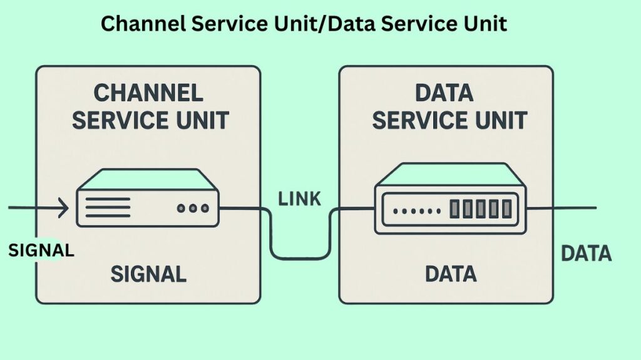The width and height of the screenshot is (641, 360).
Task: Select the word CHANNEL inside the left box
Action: point(148,93)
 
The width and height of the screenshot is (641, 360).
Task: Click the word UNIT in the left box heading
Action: point(202,120)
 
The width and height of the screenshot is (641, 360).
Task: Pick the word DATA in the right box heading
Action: point(444,93)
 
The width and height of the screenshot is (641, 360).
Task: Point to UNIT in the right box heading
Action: point(499,120)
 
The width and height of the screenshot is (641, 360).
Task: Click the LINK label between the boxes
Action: point(299,199)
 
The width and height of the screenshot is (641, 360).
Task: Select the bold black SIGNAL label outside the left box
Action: point(41,250)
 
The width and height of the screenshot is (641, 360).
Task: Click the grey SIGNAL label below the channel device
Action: point(148,274)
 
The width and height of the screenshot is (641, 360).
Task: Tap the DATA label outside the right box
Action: point(586,254)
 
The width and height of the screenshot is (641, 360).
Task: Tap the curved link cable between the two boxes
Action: point(300,257)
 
